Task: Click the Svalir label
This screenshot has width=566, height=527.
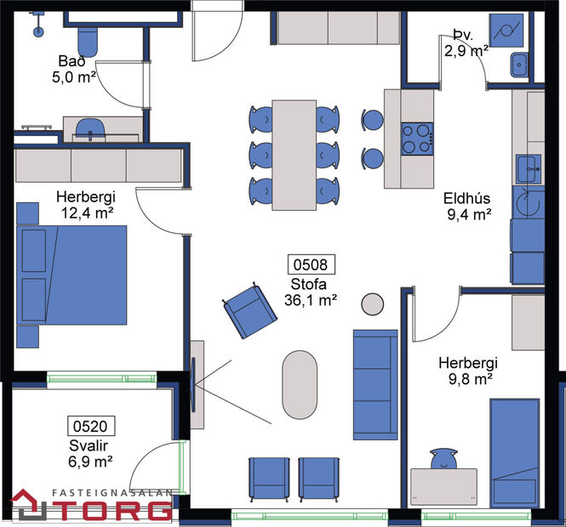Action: [x=90, y=445]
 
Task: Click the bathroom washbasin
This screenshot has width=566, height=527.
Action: [x=89, y=128]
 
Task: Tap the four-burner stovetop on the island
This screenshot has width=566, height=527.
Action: [x=417, y=138]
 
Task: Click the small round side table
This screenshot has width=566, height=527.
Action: [x=373, y=303]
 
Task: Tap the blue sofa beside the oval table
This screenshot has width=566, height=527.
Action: [x=375, y=384]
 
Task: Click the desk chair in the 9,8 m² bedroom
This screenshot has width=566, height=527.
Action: [x=443, y=459]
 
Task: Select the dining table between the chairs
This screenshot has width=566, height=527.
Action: [x=294, y=155]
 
